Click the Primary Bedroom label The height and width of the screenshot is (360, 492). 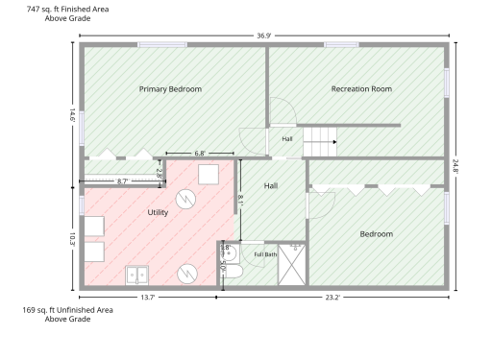170,89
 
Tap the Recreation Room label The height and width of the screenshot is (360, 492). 361,89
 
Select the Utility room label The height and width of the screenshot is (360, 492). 158,212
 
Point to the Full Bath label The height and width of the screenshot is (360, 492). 265,254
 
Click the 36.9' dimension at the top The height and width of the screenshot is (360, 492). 264,36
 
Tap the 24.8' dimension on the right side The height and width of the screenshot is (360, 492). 455,166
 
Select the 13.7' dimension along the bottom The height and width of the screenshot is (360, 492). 148,298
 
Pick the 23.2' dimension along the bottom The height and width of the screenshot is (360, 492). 332,298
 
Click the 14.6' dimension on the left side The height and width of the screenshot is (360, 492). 72,115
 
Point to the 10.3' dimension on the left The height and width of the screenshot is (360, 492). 72,239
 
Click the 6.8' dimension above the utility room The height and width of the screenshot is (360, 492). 200,154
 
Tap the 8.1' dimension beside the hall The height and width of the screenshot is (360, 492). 240,201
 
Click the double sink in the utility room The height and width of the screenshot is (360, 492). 136,276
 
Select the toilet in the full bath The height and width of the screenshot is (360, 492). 233,272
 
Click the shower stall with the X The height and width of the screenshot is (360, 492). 291,265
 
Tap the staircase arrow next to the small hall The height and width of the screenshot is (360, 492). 334,142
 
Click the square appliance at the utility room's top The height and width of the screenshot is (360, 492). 209,175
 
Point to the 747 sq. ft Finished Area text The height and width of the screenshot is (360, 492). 67,10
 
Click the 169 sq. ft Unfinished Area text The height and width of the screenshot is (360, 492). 67,310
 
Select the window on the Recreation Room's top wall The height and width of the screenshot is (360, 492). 341,45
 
